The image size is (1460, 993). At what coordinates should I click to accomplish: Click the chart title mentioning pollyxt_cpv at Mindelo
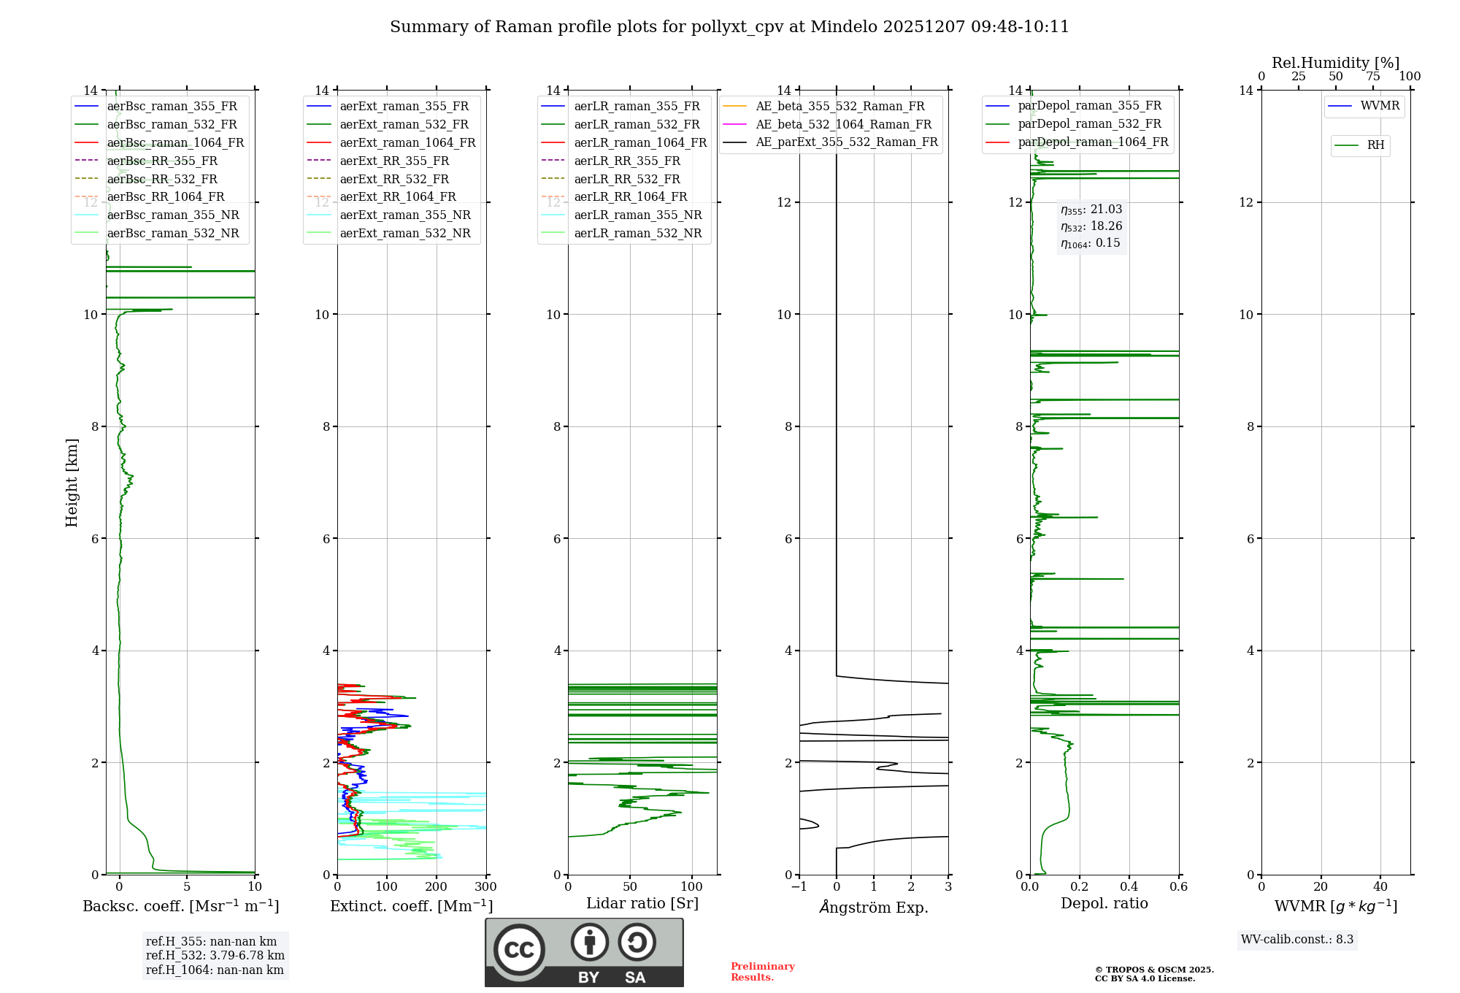[x=729, y=27]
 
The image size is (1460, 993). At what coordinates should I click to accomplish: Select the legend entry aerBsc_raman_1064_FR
[x=175, y=142]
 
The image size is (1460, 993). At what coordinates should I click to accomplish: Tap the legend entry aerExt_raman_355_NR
[x=405, y=215]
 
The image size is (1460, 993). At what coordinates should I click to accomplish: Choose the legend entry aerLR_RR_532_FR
[x=627, y=179]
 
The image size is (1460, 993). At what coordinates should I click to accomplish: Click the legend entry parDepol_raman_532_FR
[x=1089, y=124]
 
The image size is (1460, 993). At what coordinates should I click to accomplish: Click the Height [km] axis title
[x=72, y=483]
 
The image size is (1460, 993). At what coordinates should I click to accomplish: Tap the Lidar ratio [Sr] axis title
[x=642, y=903]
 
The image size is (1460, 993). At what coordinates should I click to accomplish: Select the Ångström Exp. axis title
[x=874, y=907]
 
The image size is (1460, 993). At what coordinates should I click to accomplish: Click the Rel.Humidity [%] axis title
[x=1336, y=63]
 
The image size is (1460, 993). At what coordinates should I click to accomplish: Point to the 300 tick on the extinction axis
[x=485, y=886]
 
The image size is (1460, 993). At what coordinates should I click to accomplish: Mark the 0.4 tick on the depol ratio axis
[x=1129, y=886]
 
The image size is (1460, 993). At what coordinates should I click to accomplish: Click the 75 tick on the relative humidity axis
[x=1373, y=77]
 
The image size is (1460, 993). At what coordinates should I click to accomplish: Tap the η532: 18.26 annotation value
[x=1091, y=226]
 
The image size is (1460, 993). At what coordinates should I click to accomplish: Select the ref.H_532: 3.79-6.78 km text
[x=215, y=955]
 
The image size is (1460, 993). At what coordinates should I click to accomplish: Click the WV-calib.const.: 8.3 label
[x=1297, y=940]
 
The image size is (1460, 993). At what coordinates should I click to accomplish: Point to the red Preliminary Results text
[x=762, y=971]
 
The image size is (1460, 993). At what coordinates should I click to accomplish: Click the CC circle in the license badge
[x=519, y=949]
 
